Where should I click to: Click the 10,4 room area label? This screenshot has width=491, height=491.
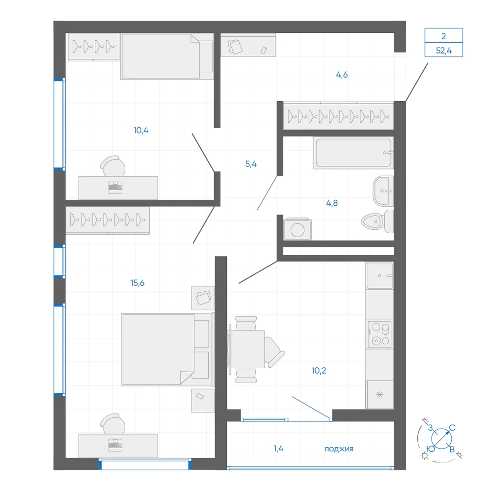141,130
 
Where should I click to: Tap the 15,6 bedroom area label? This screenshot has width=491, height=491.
137,283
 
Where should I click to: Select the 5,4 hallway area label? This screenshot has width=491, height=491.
251,164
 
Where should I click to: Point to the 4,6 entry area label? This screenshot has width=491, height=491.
342,75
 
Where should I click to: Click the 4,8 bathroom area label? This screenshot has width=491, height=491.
332,203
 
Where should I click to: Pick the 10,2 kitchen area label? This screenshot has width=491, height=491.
319,371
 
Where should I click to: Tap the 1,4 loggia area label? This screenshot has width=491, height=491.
278,449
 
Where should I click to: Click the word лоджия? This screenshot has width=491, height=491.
339,449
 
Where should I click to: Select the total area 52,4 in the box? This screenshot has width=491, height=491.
444,51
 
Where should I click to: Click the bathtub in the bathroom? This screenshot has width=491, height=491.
354,153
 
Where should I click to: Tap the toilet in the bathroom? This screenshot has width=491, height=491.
377,221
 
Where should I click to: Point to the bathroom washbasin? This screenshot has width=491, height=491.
383,191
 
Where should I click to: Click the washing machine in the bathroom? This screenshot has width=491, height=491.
298,229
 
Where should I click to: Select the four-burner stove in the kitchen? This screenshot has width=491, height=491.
380,334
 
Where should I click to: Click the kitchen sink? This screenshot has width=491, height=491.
380,275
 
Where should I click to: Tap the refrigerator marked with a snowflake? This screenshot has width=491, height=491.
380,395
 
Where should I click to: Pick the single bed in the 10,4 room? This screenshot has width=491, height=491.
167,56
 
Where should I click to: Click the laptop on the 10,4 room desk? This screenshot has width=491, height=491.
115,187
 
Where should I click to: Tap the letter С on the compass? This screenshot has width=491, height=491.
452,428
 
